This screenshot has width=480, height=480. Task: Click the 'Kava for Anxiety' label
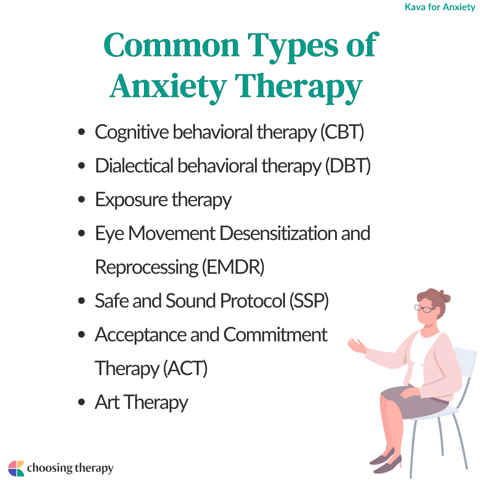coord(440,7)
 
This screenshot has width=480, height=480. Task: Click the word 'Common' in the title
coord(172,46)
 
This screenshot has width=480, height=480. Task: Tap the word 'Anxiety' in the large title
coord(168,87)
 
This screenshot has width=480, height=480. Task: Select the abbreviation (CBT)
coord(342,132)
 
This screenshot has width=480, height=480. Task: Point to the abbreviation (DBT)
coord(348,166)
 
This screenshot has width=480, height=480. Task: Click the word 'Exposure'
coord(131,200)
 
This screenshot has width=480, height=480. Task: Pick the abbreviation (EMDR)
coord(233,267)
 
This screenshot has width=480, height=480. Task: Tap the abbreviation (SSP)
coord(309,301)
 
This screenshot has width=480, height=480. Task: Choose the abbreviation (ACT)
coord(185,368)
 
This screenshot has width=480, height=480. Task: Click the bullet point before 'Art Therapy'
coord(81,402)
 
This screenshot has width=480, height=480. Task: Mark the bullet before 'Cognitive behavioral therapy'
coord(81,132)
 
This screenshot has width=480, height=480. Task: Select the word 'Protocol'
coord(252,300)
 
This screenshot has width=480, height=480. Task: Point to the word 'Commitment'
coord(275,334)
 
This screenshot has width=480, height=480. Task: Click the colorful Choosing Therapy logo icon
coord(16,468)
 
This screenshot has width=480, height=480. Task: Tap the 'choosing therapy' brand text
coord(70,468)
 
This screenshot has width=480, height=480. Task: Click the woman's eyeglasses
coord(424,308)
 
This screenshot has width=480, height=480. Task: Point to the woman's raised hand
coord(356,346)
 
